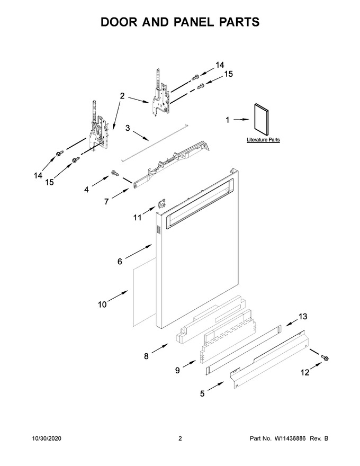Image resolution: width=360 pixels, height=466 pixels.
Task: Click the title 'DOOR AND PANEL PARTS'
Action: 180,22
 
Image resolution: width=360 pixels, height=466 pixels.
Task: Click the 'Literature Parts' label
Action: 263,139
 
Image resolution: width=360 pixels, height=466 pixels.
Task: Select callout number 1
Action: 228,120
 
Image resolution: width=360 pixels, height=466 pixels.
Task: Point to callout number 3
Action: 128,128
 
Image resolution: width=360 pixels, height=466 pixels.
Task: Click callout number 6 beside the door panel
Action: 120,261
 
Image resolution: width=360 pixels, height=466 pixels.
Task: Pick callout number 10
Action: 103,304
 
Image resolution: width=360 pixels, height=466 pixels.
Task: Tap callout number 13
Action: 303,317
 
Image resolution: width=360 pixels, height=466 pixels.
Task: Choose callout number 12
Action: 305,372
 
